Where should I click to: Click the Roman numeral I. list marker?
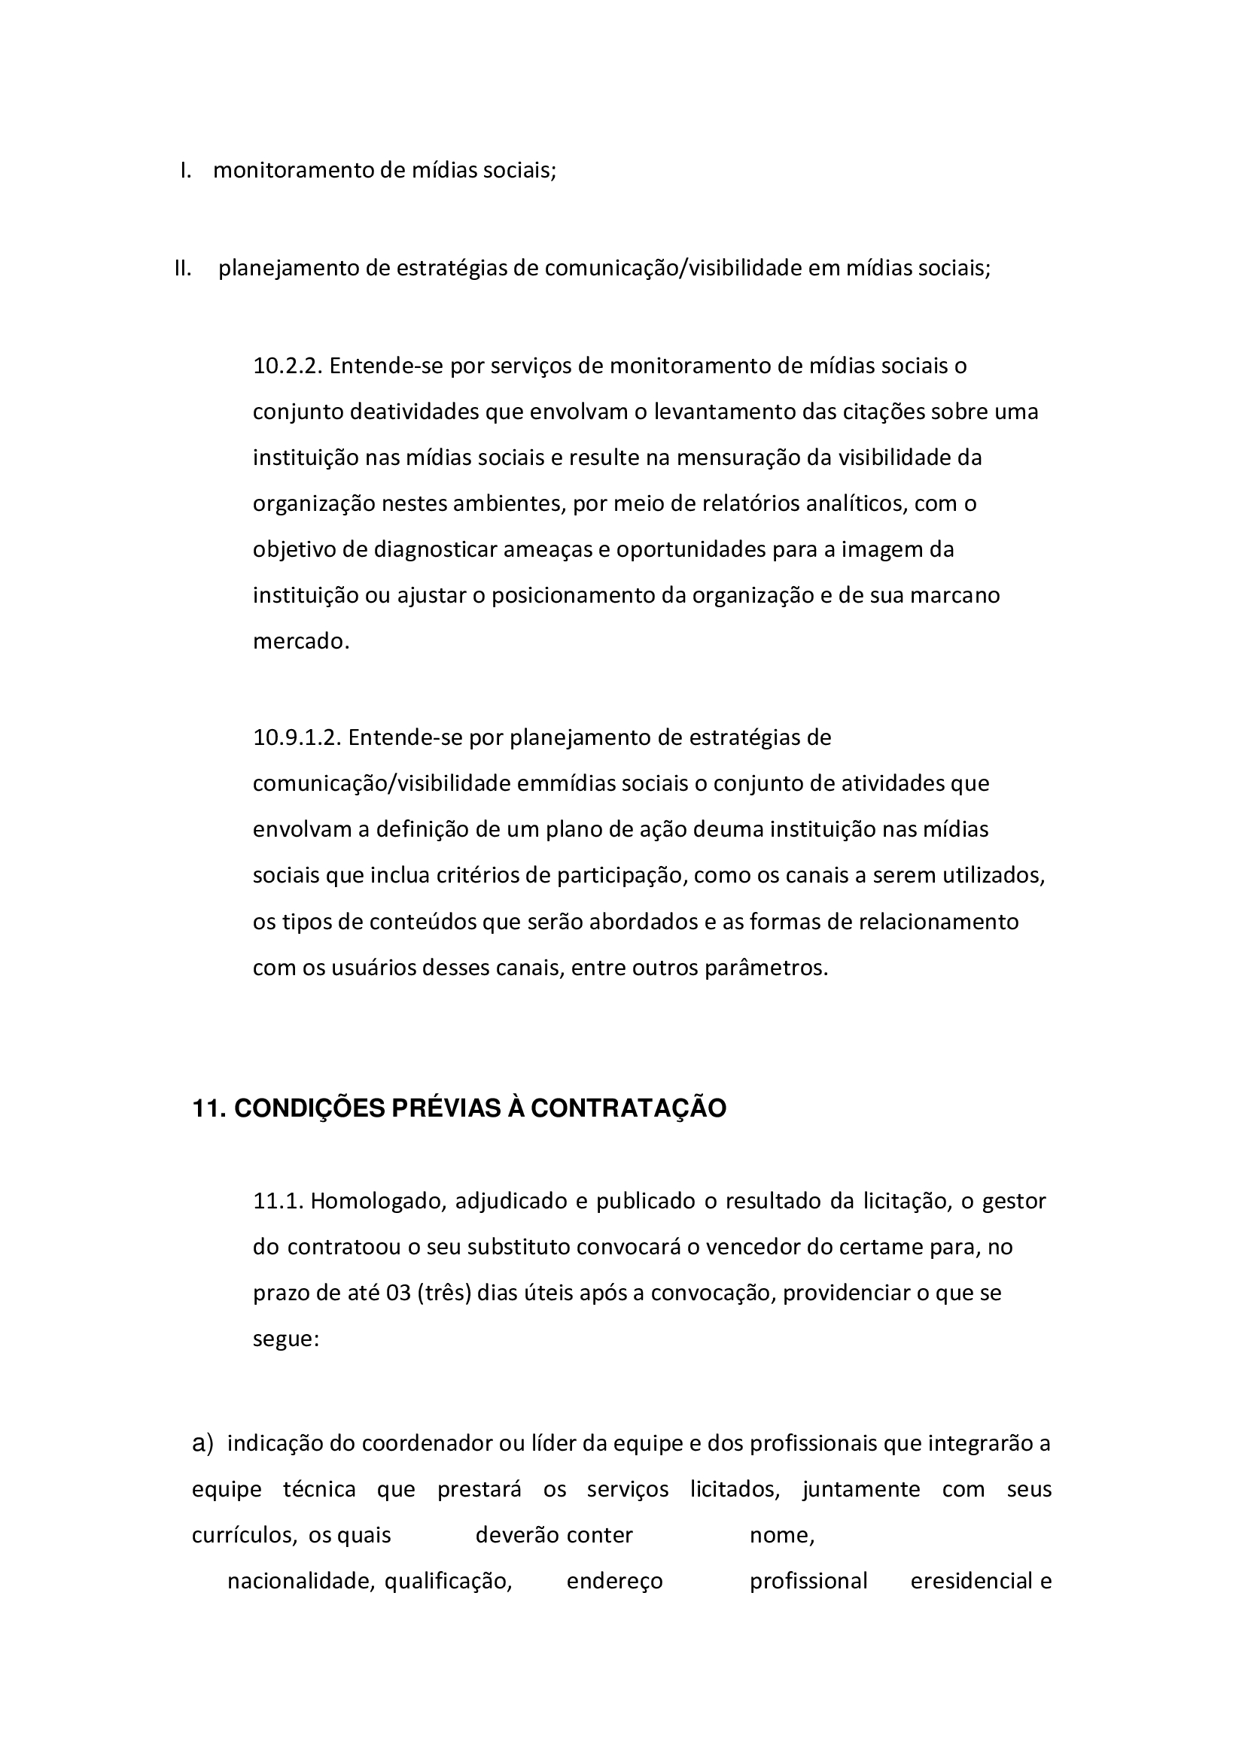(x=185, y=170)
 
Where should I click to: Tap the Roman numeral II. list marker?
(x=182, y=269)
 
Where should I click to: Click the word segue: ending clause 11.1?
(x=285, y=1339)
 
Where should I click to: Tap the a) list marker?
(x=202, y=1443)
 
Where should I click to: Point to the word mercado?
(x=301, y=642)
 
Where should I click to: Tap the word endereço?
(x=614, y=1582)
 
